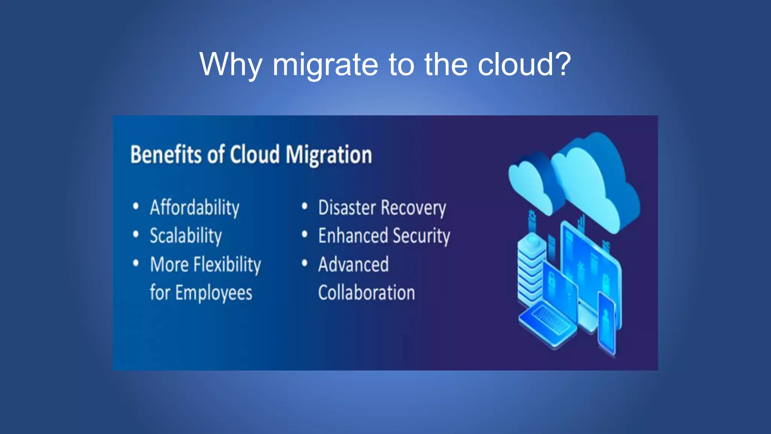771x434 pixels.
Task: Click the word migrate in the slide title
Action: point(325,65)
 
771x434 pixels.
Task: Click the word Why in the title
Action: point(230,65)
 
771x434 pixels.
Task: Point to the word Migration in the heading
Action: point(328,155)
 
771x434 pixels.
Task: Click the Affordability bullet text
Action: point(195,208)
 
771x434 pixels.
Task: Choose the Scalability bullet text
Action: point(186,236)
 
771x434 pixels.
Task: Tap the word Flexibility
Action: point(227,264)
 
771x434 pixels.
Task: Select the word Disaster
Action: point(347,208)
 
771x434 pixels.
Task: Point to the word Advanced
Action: point(353,264)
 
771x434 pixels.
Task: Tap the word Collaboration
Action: point(366,293)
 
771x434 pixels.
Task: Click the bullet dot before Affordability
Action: point(136,206)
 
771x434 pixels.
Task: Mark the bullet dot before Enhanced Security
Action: point(305,235)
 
